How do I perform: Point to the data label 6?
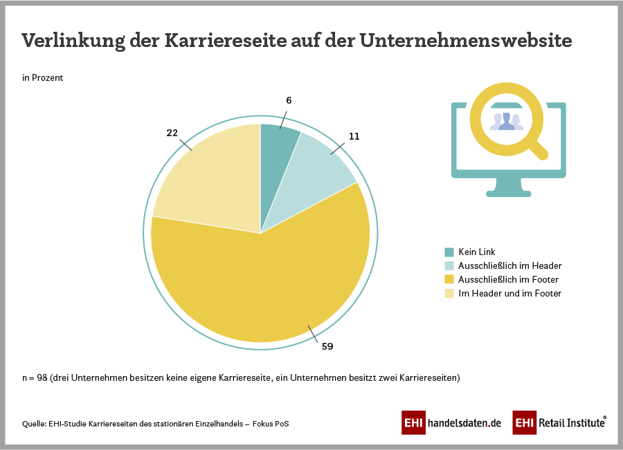point(289,100)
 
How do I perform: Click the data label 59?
point(327,347)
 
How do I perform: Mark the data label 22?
point(172,133)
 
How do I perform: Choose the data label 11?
point(354,136)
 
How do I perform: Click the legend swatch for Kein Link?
point(449,252)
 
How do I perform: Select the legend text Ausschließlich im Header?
point(510,265)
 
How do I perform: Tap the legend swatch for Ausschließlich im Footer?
point(449,279)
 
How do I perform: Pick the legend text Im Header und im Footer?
point(510,293)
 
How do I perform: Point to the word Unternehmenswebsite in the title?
point(465,41)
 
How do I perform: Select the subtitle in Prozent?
point(42,78)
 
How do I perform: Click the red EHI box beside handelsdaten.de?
point(413,422)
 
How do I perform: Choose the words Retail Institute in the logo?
point(570,422)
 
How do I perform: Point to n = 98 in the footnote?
point(37,378)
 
